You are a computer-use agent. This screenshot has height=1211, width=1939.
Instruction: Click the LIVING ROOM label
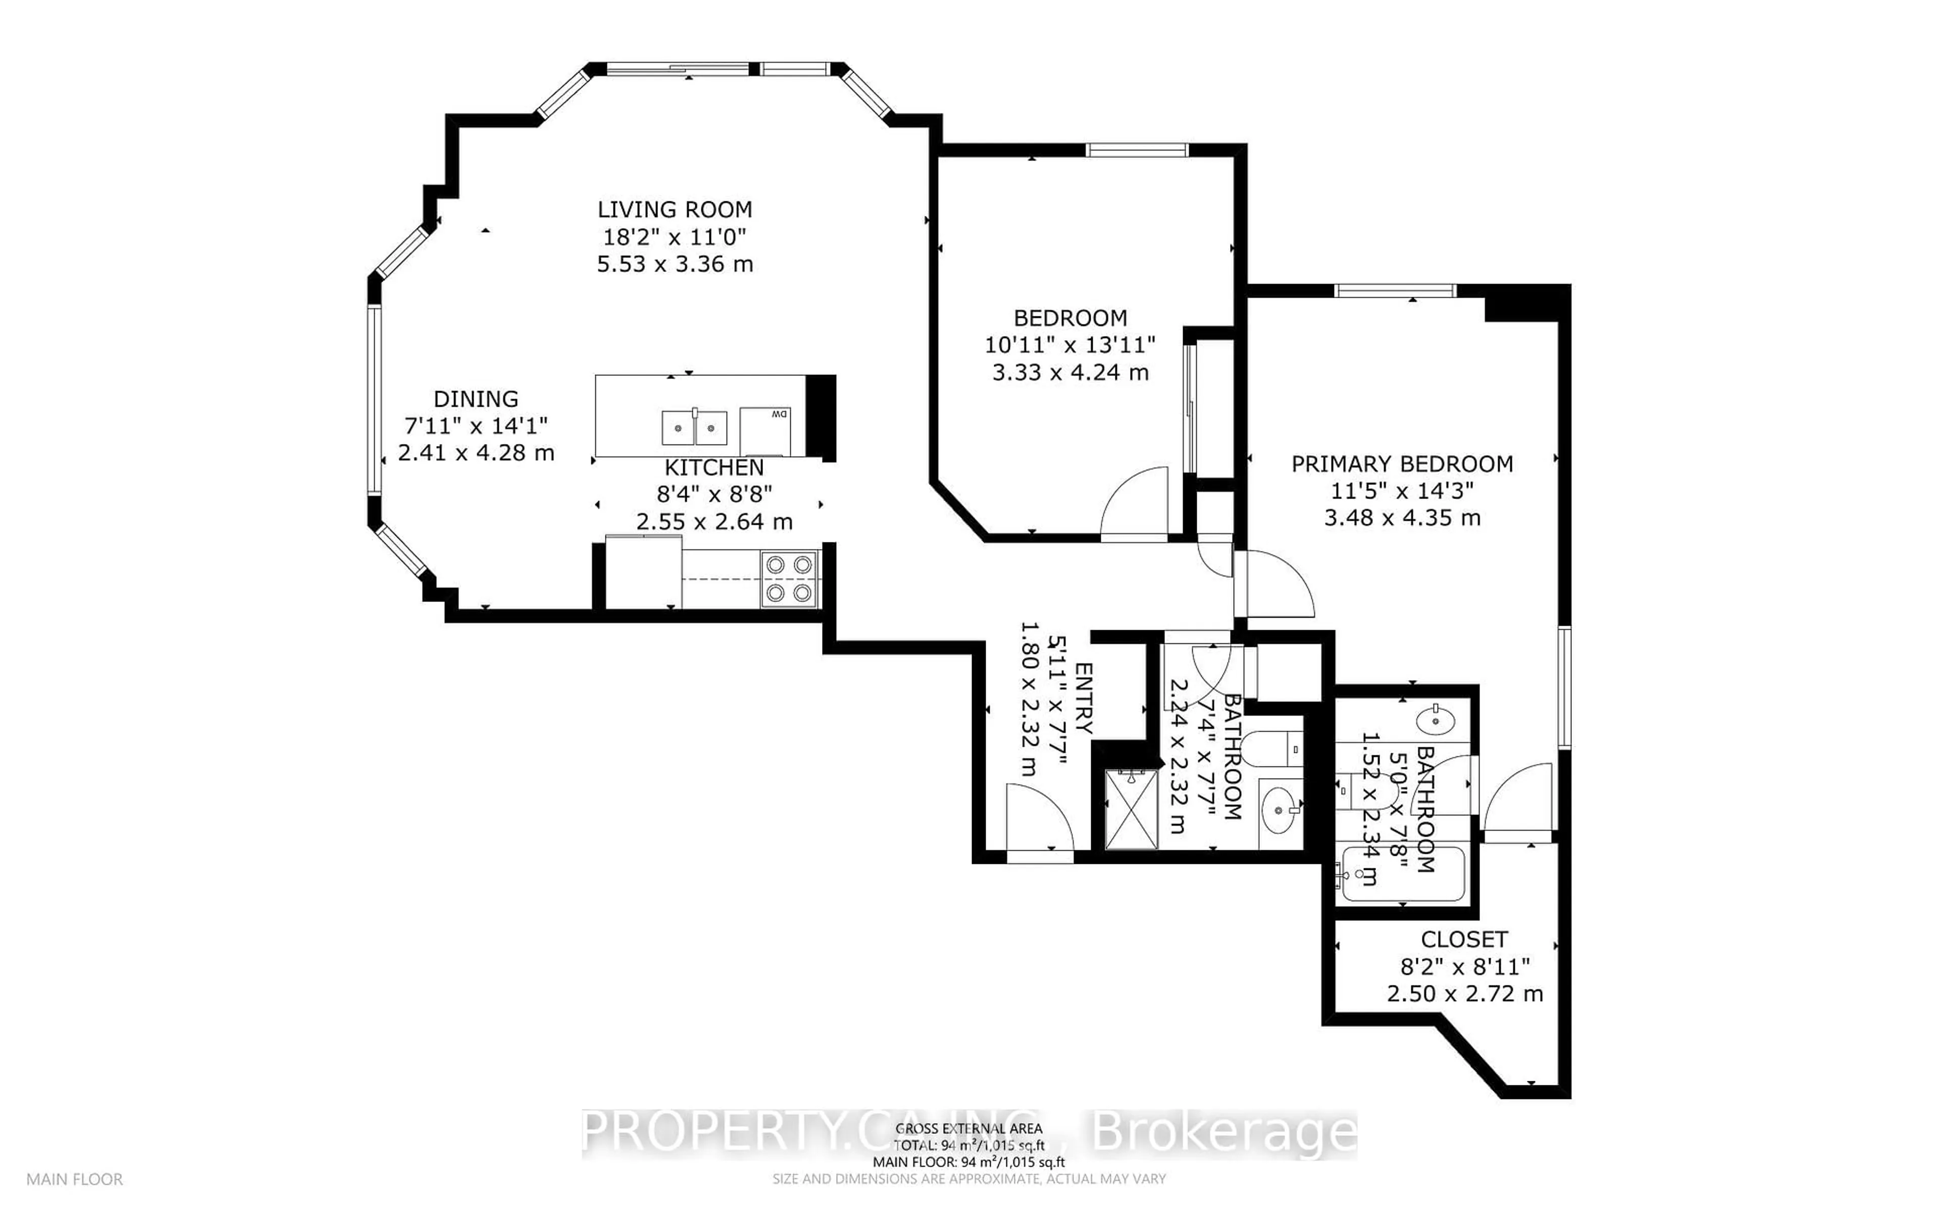(x=675, y=210)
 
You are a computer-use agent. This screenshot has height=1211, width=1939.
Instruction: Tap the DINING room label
(x=476, y=399)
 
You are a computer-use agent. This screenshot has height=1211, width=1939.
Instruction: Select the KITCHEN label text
(x=714, y=468)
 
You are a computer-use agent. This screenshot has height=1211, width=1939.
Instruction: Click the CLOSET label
(x=1464, y=940)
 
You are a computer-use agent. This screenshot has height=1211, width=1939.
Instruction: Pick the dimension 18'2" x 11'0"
(x=675, y=237)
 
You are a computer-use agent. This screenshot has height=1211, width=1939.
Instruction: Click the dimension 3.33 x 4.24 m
(x=1070, y=372)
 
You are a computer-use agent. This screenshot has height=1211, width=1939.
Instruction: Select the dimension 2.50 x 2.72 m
(x=1465, y=994)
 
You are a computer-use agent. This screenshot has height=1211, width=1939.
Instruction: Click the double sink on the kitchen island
(x=694, y=428)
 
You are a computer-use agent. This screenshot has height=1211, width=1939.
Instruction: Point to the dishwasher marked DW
(x=765, y=431)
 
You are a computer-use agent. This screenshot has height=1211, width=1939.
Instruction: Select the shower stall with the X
(x=1131, y=809)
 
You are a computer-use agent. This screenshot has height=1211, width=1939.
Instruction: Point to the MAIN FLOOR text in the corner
(x=75, y=1180)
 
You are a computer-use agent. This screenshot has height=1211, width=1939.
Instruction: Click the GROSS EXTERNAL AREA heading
(x=968, y=1129)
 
